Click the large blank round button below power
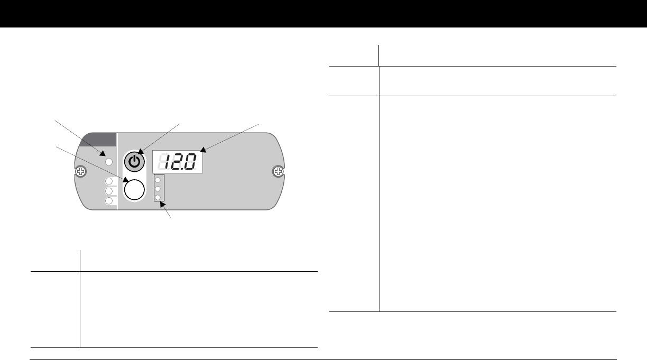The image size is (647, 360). pos(134,190)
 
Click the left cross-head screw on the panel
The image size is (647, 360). pos(80,172)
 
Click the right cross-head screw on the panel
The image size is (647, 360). pos(278,172)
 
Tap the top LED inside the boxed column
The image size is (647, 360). pos(158,180)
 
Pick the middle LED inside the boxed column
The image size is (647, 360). pos(158,189)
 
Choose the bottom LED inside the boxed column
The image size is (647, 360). pos(158,197)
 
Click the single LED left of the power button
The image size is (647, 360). pos(109,162)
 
